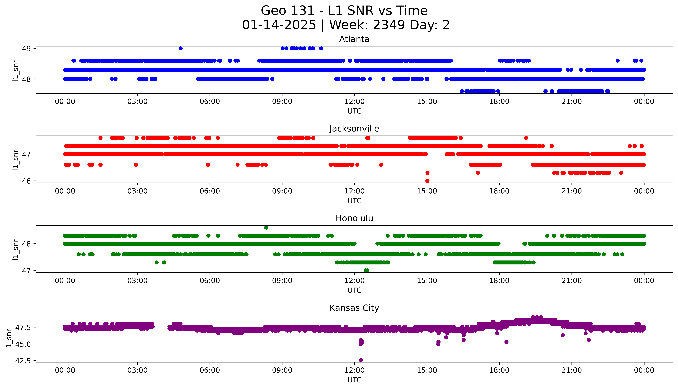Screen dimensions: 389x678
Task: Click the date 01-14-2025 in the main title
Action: coord(279,25)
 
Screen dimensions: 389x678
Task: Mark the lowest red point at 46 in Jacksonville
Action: coord(427,181)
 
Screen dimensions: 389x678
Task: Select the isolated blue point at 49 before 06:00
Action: coord(181,48)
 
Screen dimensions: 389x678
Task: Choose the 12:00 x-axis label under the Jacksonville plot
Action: coord(354,191)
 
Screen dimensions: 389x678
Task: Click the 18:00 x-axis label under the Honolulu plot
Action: coord(499,280)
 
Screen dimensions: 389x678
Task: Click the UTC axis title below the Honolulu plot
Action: coord(354,290)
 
